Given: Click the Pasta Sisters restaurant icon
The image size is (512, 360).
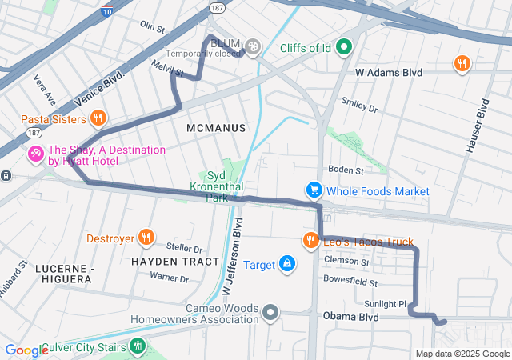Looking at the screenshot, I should coord(98,119).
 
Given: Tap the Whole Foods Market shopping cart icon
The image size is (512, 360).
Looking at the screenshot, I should coord(314,190).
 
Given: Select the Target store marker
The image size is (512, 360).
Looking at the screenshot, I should coord(287,264).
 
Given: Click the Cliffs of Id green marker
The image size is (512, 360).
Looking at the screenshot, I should coord(345,47).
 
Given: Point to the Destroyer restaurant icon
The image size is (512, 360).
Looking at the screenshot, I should coord(146,237).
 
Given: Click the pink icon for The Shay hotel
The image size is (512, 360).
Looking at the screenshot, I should coord(36,154).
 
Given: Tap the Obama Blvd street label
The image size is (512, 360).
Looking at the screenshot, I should coord(350,317).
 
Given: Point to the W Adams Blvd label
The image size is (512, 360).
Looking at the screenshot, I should coord(388,72).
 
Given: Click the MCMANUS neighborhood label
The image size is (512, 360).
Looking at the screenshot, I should coord(215,128).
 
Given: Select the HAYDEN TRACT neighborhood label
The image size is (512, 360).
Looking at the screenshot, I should coord(174,262).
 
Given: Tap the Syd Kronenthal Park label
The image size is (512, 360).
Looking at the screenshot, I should coord(226,186).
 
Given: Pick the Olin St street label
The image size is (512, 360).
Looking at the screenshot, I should coord(152,26).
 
